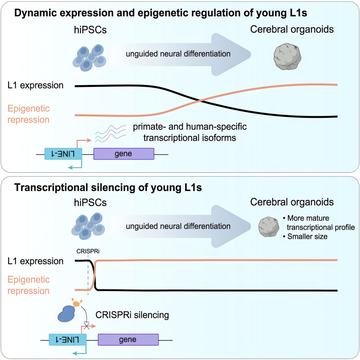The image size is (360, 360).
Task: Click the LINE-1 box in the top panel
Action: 63,154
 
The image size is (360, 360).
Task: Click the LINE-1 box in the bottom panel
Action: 67,340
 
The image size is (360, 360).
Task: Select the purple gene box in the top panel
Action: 124,154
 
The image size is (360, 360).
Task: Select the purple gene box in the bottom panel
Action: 128,340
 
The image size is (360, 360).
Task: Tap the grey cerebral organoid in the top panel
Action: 287,57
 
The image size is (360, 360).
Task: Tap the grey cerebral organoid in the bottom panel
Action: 269,227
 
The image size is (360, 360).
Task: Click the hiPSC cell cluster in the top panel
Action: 89,57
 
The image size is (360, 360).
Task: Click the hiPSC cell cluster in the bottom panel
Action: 88,226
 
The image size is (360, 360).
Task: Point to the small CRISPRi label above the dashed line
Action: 88,251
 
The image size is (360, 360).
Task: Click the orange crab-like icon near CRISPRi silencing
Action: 76,303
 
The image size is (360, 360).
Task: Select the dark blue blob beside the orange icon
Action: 66,313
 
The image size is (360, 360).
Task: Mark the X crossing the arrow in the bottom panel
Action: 87,326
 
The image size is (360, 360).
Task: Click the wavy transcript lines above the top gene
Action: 110,133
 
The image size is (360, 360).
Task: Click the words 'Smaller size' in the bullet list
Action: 307,237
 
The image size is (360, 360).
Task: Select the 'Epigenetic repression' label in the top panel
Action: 28,114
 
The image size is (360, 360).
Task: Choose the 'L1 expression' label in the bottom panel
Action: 35,261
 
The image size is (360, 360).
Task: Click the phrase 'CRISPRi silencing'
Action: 132,315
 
